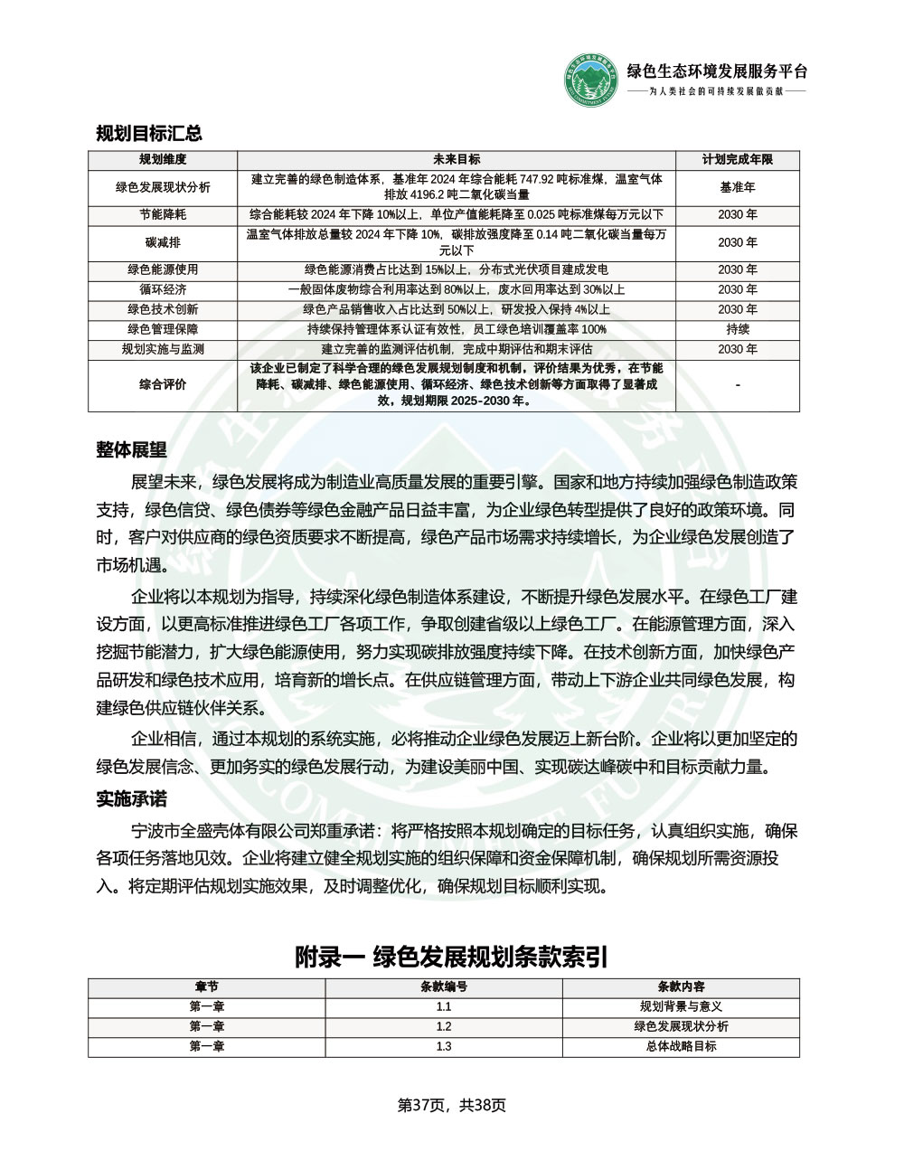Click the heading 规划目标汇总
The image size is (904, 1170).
(x=149, y=134)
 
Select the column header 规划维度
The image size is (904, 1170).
(x=163, y=159)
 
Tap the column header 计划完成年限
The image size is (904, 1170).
(x=738, y=159)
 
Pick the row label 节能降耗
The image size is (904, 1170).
(x=163, y=215)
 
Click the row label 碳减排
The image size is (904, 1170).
(x=163, y=242)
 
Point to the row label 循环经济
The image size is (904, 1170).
(x=163, y=289)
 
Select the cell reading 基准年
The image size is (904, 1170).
(x=738, y=187)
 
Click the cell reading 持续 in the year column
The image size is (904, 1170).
(x=738, y=329)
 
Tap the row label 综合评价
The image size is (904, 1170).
(x=163, y=384)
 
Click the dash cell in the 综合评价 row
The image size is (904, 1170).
(x=738, y=385)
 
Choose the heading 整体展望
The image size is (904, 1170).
(x=131, y=449)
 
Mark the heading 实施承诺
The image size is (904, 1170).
(x=131, y=799)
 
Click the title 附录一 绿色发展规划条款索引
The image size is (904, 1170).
(x=451, y=957)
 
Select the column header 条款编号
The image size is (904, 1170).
(x=444, y=986)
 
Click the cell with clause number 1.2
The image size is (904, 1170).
(x=444, y=1026)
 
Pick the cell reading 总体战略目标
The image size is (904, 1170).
(x=681, y=1046)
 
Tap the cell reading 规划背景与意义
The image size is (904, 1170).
(x=681, y=1006)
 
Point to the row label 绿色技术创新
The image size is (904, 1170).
(x=163, y=309)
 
